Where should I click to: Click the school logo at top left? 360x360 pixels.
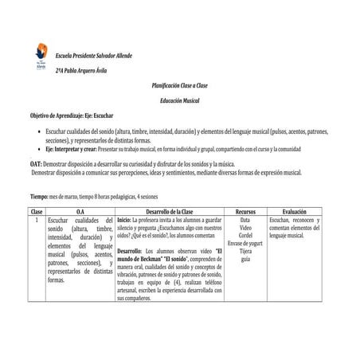pyautogui.click(x=41, y=57)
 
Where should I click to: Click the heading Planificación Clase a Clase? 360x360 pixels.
pyautogui.click(x=180, y=84)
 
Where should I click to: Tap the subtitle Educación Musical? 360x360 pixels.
pyautogui.click(x=180, y=100)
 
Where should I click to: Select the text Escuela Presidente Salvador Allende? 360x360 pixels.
pyautogui.click(x=93, y=56)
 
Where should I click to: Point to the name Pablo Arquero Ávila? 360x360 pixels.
pyautogui.click(x=85, y=71)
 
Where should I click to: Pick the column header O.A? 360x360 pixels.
pyautogui.click(x=80, y=211)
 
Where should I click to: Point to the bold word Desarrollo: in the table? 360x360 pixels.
pyautogui.click(x=131, y=251)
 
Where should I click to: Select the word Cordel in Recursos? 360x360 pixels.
pyautogui.click(x=245, y=236)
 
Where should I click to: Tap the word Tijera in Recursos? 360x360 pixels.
pyautogui.click(x=245, y=252)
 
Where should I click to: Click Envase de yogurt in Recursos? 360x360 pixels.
pyautogui.click(x=245, y=244)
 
